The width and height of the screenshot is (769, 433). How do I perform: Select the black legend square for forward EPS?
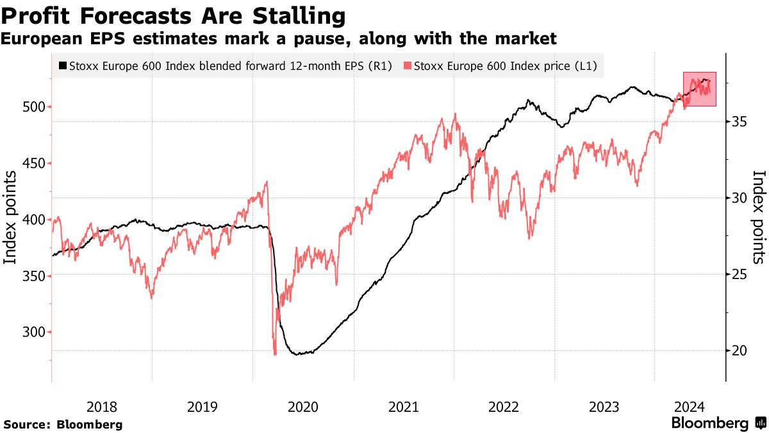coord(62,65)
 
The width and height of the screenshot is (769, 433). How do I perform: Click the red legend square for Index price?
coord(407,65)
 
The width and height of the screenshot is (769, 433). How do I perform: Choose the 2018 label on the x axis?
coord(101,406)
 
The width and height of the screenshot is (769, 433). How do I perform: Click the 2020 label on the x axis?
coord(302,406)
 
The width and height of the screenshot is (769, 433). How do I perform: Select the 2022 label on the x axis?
coord(503,406)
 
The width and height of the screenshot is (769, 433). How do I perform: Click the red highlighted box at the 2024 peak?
coord(700,89)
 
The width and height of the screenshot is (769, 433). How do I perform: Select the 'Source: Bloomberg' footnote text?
coord(63,425)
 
